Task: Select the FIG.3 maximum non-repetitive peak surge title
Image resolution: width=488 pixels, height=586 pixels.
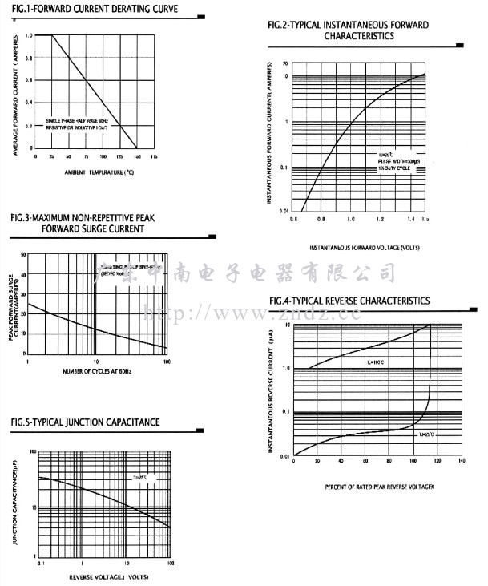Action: [x=88, y=223]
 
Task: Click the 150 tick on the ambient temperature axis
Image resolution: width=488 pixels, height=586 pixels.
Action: [x=136, y=156]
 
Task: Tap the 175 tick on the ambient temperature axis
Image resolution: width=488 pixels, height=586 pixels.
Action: [x=154, y=156]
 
